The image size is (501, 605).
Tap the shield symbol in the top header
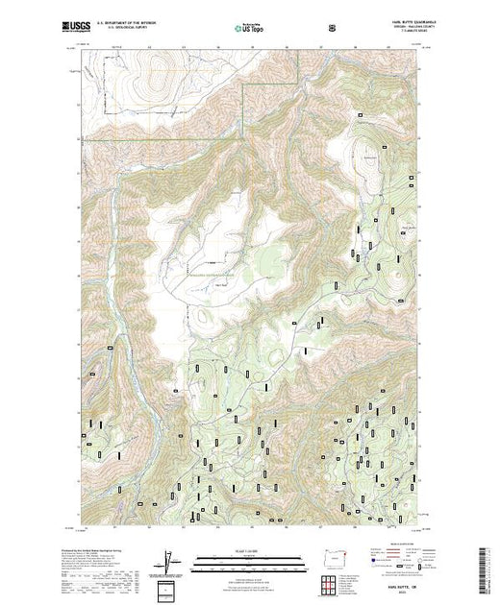(333, 29)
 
